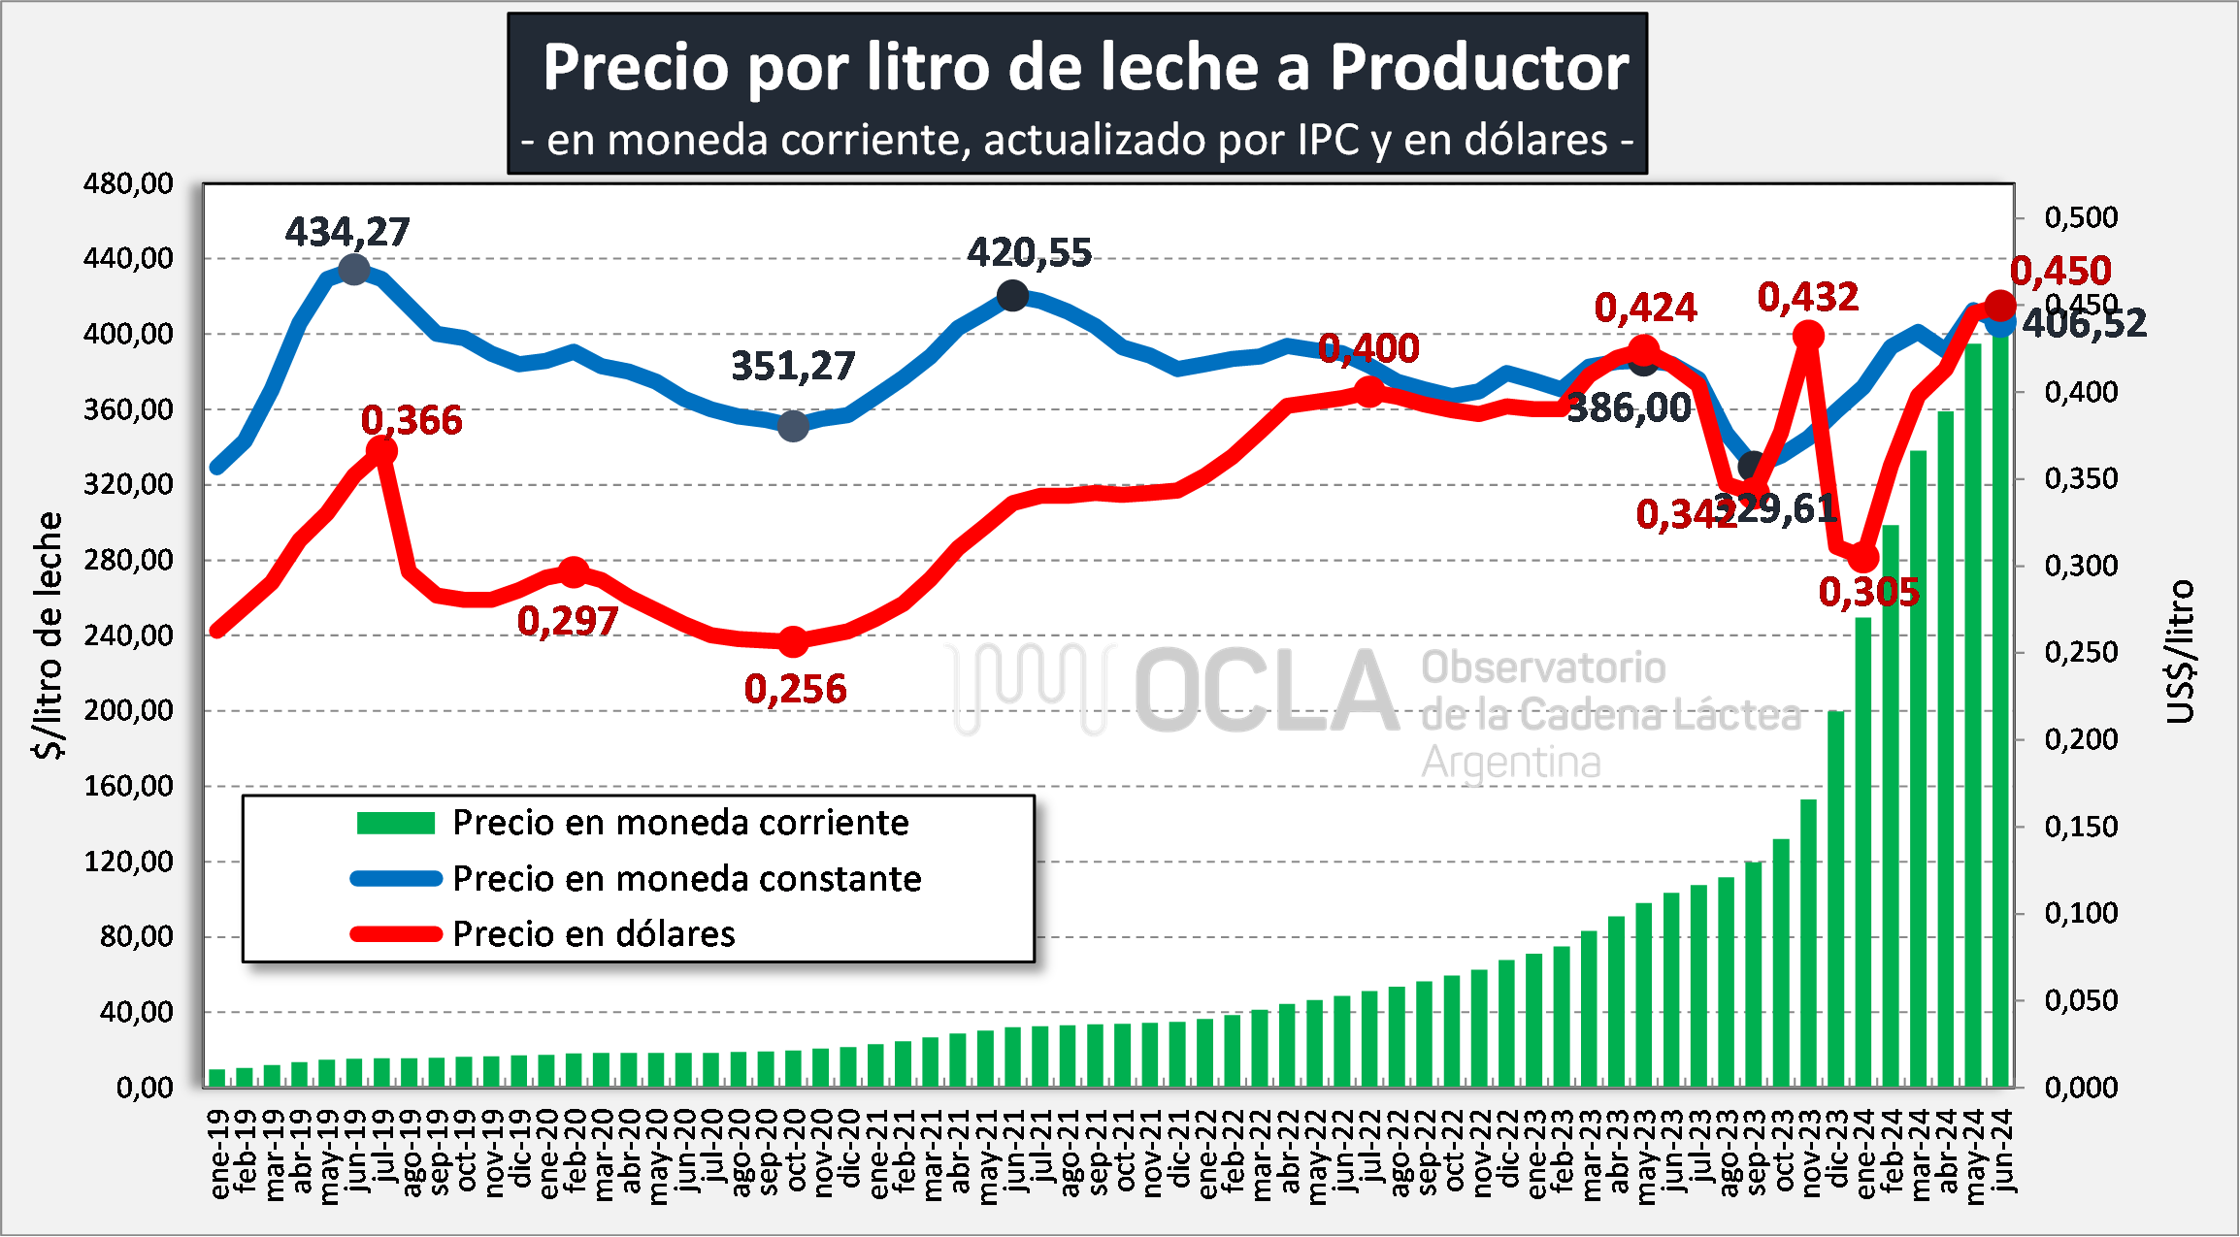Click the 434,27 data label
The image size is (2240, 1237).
point(347,232)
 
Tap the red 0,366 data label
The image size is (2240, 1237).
point(412,420)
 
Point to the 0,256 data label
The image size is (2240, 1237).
point(795,689)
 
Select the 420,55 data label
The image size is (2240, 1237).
point(1029,253)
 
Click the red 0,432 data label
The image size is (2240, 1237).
point(1807,297)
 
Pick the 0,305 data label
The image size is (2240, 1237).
point(1868,592)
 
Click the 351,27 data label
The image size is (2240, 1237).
point(793,367)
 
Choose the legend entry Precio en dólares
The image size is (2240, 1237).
point(594,934)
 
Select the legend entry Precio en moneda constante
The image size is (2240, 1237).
point(686,879)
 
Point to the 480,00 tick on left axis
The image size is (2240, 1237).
point(128,183)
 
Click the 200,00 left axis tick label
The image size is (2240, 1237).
point(128,710)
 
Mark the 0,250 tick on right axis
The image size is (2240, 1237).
point(2081,652)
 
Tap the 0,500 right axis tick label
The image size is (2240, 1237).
point(2081,217)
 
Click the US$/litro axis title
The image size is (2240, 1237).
point(2180,652)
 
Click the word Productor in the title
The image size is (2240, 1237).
point(1478,68)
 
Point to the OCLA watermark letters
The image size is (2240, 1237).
point(1267,693)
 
